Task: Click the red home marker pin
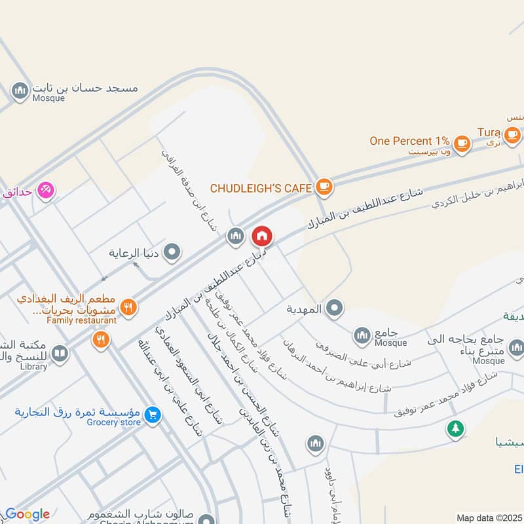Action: (x=261, y=236)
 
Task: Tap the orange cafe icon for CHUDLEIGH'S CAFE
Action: (x=324, y=187)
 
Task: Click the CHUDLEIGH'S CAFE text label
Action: (x=261, y=188)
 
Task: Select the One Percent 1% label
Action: (x=409, y=141)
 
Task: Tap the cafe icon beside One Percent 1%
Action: (x=462, y=142)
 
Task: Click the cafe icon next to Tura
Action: (x=512, y=134)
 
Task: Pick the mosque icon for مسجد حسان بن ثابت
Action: (x=20, y=90)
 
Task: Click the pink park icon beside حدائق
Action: (x=45, y=190)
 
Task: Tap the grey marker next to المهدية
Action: (x=335, y=307)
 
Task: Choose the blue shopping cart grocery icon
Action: (x=152, y=415)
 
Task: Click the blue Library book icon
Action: (x=60, y=354)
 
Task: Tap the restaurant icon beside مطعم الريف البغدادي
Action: (x=128, y=307)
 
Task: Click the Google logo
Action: (x=28, y=514)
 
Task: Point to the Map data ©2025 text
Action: (x=489, y=517)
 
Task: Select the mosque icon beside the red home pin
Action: (x=236, y=236)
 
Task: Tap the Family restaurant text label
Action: (x=81, y=320)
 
